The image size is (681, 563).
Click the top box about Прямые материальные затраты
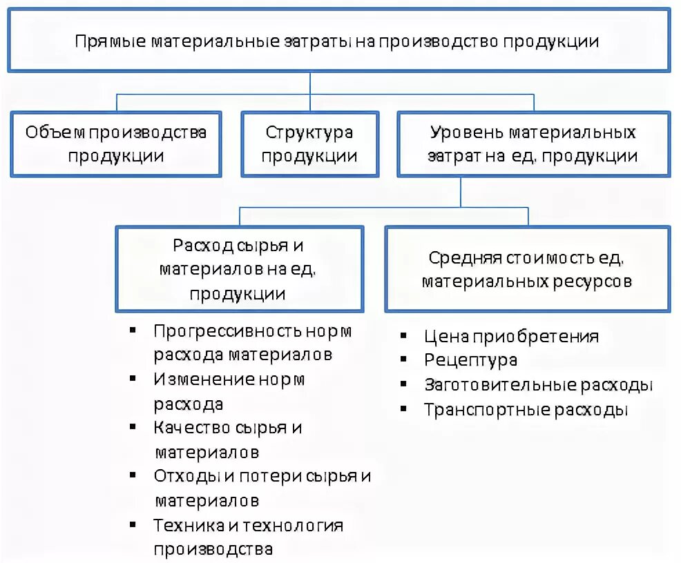(338, 39)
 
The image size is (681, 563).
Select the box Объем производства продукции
(115, 144)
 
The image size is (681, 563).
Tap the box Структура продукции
(309, 144)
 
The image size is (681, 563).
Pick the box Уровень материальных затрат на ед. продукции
(533, 144)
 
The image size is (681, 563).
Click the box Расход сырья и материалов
(238, 269)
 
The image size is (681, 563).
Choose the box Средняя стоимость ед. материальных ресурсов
(526, 269)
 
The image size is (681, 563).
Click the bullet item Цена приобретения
(511, 337)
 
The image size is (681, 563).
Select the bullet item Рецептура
(470, 360)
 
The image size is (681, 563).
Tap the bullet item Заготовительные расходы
(538, 384)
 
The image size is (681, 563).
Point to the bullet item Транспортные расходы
(526, 410)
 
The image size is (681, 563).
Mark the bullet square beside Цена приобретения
(403, 336)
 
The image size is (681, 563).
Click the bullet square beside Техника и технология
(132, 525)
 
